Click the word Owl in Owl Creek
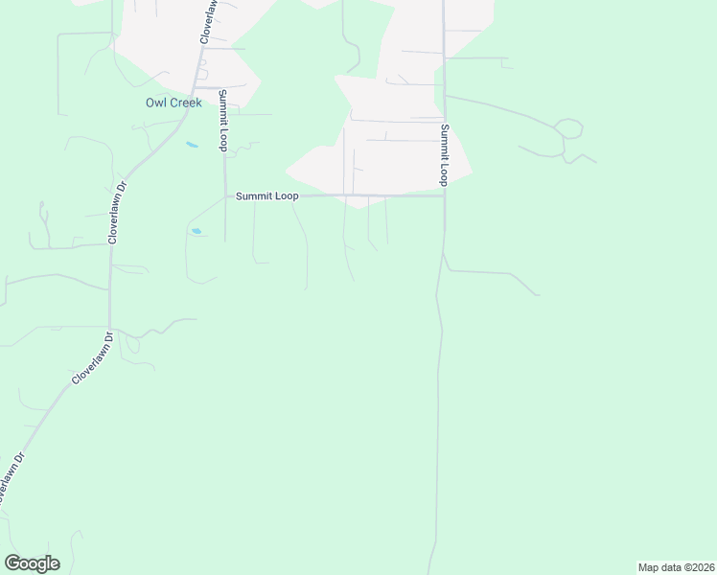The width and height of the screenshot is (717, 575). tap(155, 103)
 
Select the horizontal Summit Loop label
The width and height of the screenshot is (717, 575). tap(267, 195)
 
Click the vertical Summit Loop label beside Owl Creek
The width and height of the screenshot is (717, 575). tap(222, 121)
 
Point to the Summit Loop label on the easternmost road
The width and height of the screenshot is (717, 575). tap(445, 154)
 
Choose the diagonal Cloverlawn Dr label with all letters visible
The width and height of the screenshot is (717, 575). tap(92, 358)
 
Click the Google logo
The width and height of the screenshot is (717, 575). tap(32, 563)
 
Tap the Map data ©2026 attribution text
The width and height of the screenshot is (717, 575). tap(677, 567)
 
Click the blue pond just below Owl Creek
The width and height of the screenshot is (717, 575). tap(192, 146)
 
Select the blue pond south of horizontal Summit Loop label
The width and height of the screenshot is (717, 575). tap(197, 231)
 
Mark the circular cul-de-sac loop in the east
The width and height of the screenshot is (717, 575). tap(568, 128)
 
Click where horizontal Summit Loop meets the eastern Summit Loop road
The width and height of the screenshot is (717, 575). tap(444, 195)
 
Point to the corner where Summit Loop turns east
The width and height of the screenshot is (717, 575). tap(225, 195)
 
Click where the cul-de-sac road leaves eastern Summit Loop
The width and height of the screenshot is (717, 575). tap(445, 95)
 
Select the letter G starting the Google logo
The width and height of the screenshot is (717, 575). tap(12, 563)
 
